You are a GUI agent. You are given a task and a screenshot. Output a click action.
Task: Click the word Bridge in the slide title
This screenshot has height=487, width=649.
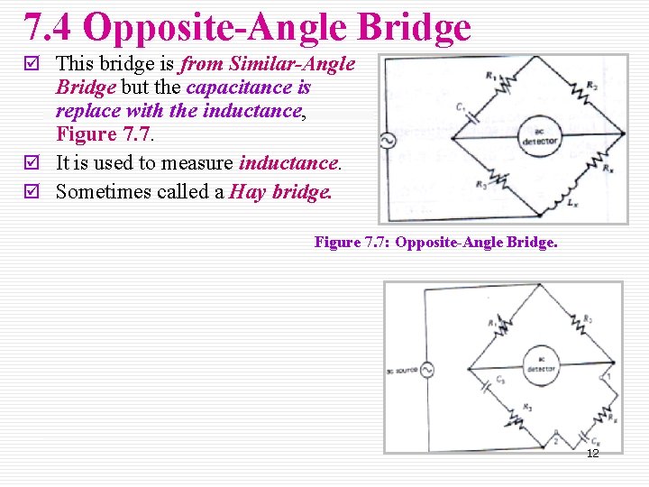pos(414,27)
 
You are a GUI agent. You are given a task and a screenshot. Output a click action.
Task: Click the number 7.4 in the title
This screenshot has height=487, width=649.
pos(50,27)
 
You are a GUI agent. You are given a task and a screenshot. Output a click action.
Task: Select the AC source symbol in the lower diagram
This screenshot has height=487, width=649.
pos(425,371)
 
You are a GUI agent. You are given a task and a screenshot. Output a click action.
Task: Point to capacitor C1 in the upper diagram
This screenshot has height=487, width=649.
pos(469,116)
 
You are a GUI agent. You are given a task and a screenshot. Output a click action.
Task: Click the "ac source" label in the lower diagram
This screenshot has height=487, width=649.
pos(400,371)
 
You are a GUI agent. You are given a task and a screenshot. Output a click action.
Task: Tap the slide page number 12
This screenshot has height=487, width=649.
pos(592,453)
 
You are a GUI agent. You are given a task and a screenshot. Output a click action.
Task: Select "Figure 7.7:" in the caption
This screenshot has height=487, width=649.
pos(352,243)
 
